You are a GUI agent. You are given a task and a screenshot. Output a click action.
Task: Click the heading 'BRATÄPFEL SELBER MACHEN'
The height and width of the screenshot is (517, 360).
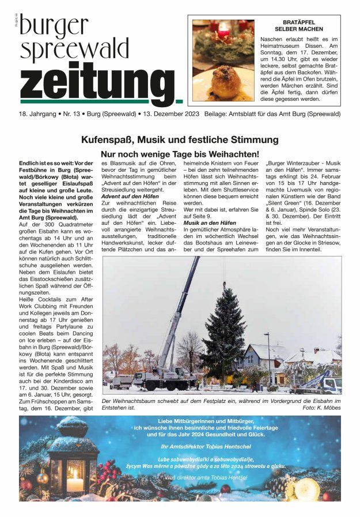tap(299, 25)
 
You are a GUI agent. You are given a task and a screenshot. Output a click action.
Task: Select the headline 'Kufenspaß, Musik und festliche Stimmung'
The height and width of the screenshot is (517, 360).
tap(180, 139)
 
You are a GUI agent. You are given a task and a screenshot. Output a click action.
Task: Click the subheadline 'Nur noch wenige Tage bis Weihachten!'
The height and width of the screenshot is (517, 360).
tap(180, 154)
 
